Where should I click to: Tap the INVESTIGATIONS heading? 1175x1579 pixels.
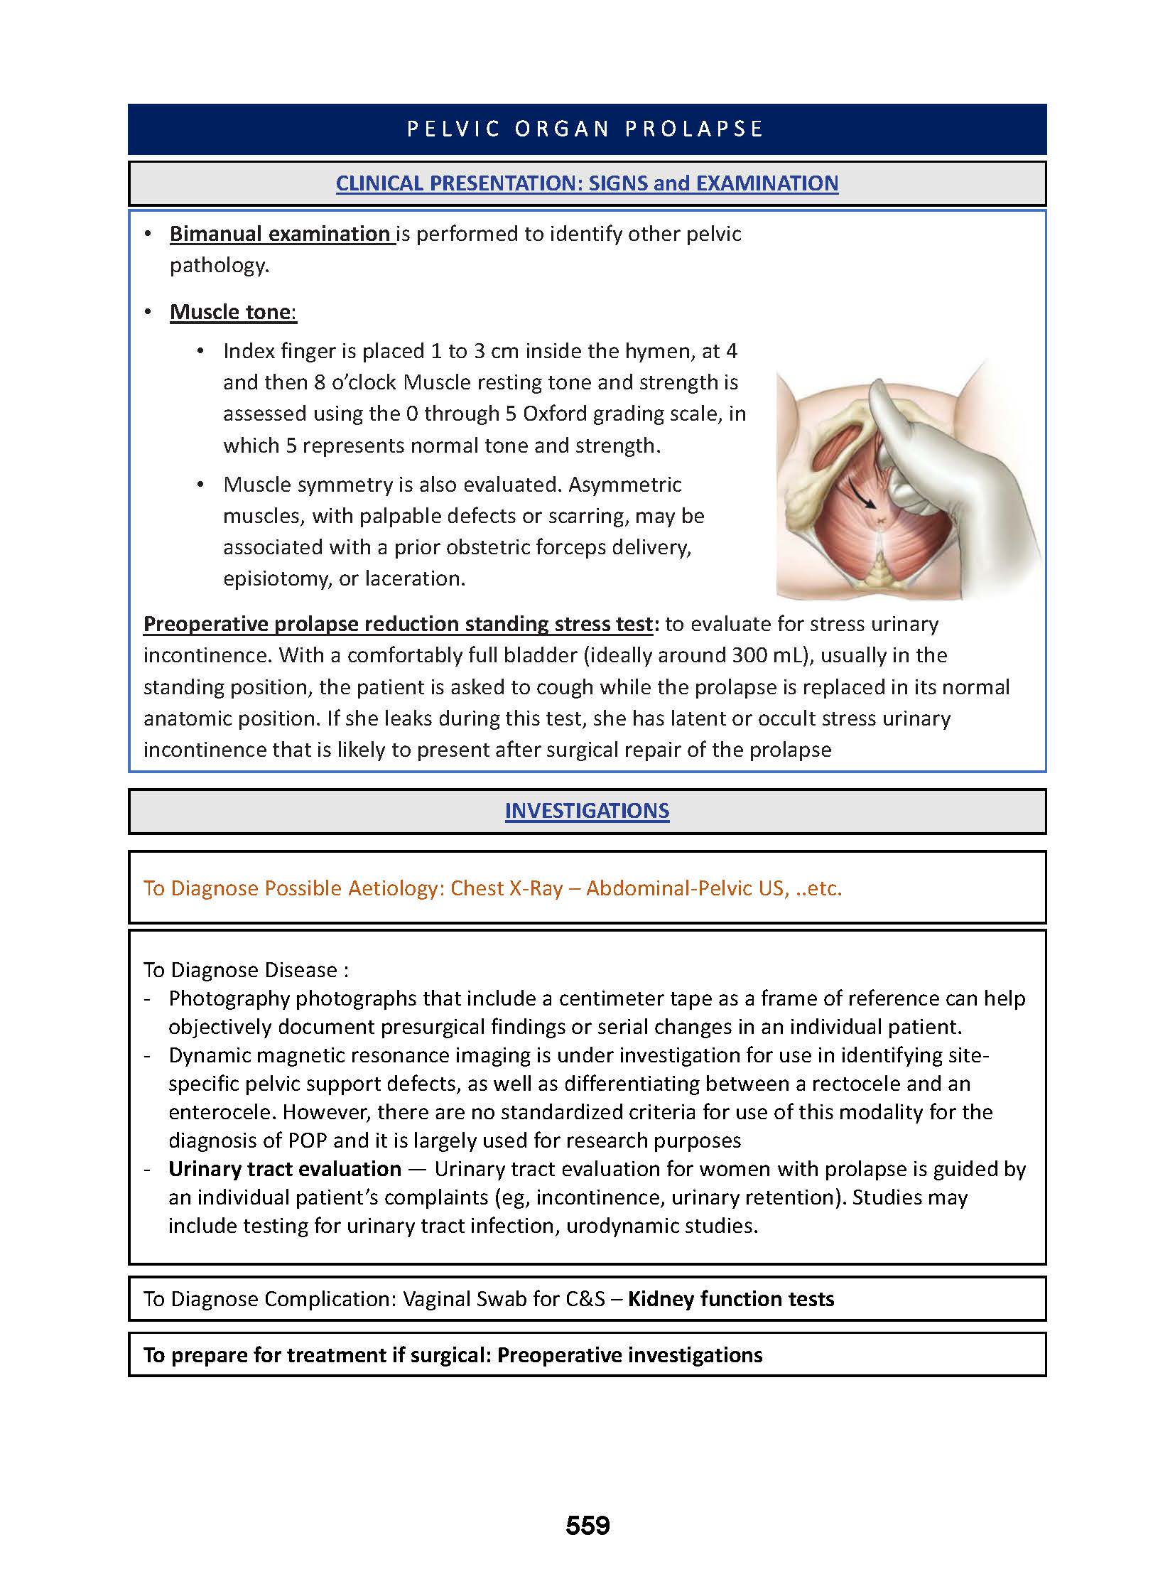[x=587, y=811]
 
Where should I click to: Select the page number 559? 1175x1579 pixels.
[x=587, y=1525]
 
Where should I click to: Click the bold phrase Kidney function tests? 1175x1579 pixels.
[x=730, y=1298]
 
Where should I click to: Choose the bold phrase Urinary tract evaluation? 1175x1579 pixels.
[x=284, y=1169]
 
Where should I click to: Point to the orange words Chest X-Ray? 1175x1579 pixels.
[x=507, y=888]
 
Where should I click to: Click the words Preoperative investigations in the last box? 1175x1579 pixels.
[x=629, y=1355]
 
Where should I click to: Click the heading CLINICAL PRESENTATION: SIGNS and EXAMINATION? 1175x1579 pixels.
[x=587, y=183]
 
